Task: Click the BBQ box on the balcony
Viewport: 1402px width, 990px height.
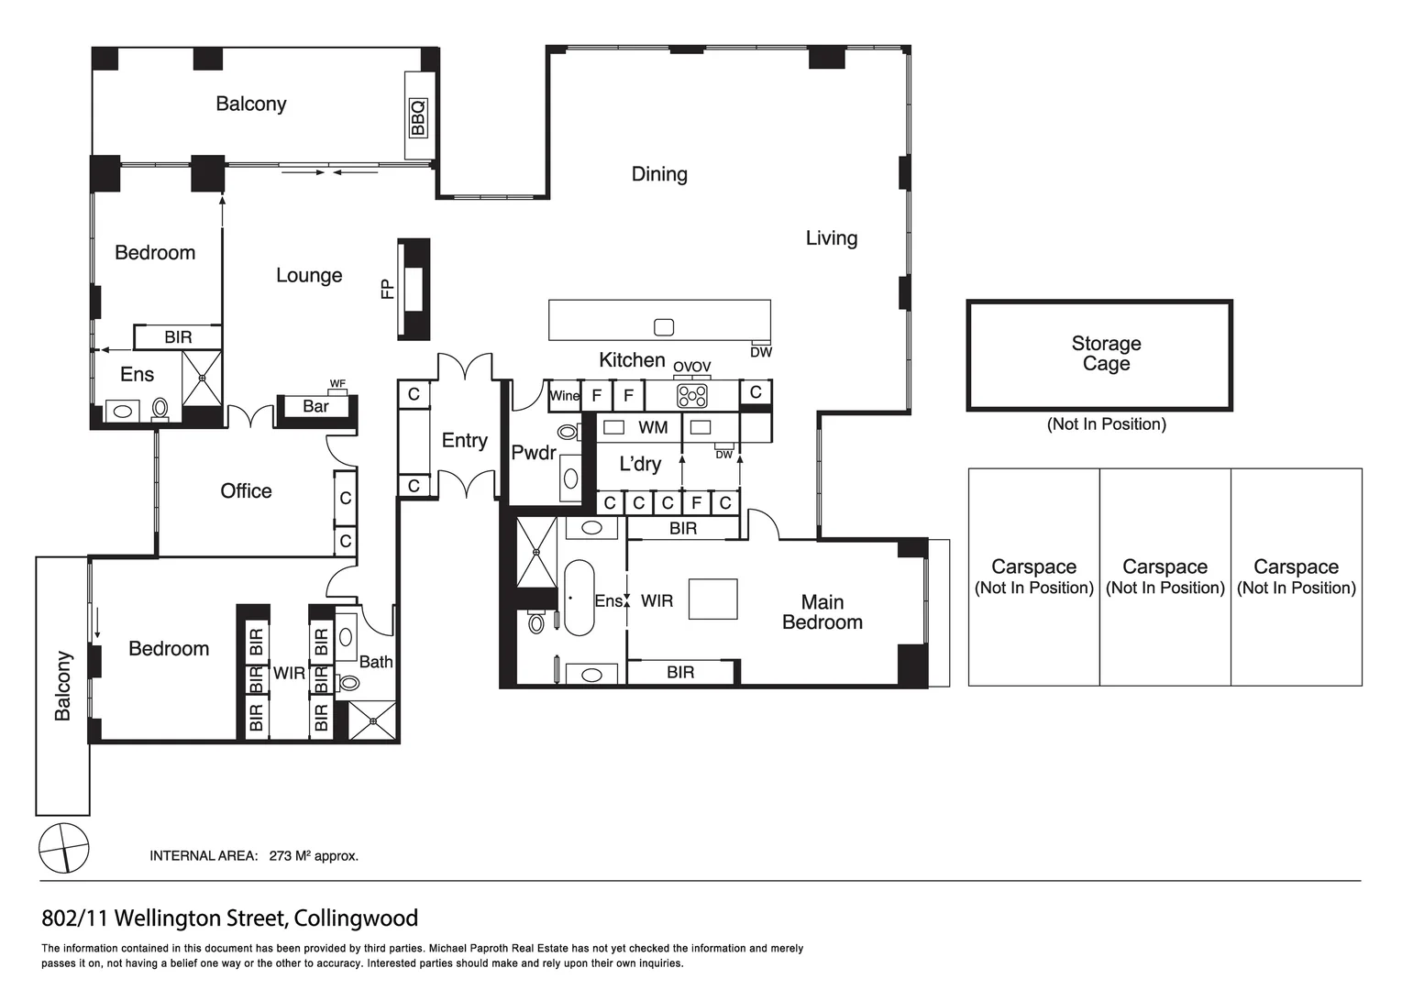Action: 418,117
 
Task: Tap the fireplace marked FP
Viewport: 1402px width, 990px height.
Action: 414,290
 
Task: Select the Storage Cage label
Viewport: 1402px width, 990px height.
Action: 1106,354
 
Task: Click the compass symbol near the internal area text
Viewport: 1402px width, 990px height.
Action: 64,847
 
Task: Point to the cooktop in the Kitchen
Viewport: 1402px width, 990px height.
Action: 691,396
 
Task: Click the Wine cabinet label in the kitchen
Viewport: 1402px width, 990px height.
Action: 564,396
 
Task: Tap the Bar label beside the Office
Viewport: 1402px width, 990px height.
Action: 315,406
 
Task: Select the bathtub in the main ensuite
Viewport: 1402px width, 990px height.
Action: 579,598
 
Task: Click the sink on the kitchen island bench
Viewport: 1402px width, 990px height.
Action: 664,327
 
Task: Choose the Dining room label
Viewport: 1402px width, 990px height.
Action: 659,174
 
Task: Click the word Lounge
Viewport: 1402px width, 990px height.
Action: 309,275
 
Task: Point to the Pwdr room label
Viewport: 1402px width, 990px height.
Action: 534,453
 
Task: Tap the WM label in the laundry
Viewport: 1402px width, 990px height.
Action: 653,427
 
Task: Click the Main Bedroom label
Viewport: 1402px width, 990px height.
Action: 822,612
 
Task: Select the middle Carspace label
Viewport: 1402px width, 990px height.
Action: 1165,567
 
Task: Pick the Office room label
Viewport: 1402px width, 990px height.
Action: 246,491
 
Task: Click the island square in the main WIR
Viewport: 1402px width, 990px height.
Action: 712,599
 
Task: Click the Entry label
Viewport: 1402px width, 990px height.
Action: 464,441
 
